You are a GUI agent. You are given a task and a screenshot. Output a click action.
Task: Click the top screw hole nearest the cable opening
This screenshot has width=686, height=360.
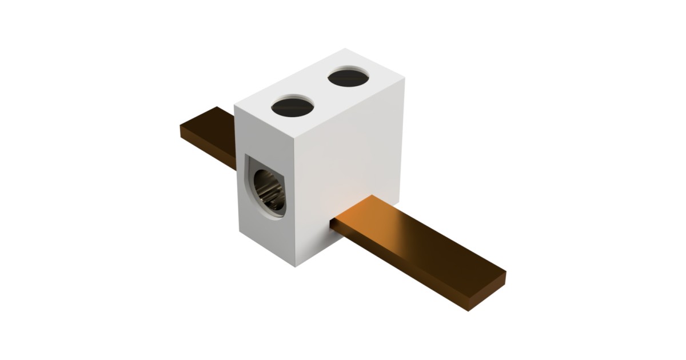pos(293,106)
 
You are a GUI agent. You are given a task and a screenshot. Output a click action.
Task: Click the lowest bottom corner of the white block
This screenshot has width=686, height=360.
pos(295,267)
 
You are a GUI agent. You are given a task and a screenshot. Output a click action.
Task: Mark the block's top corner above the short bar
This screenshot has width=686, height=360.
pos(235,106)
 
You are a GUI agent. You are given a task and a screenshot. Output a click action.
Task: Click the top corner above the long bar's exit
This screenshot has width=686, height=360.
pos(404,79)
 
